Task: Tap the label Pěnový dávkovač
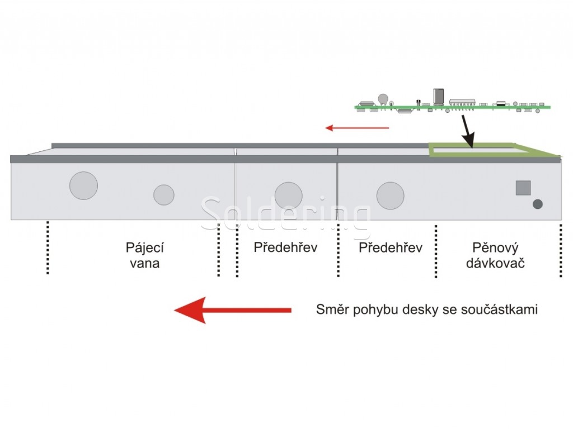(x=495, y=255)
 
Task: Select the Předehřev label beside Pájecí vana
(x=285, y=247)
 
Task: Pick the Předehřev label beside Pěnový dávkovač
(x=390, y=247)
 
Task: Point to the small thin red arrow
(x=357, y=128)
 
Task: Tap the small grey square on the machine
(x=523, y=188)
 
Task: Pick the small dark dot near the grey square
(x=538, y=204)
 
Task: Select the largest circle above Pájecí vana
(x=83, y=185)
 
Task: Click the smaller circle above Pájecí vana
(x=164, y=194)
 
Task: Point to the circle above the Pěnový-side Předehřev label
(x=390, y=196)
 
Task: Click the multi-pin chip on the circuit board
(x=462, y=103)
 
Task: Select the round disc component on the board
(x=383, y=99)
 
